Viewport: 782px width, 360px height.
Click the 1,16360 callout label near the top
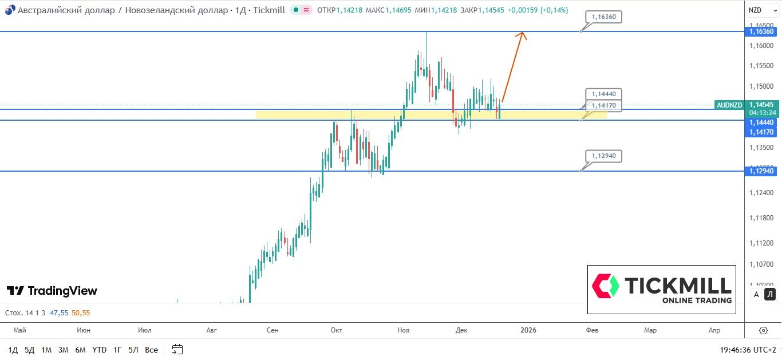point(603,17)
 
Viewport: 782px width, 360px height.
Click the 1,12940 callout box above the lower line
point(603,156)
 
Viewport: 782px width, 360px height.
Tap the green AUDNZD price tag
point(729,105)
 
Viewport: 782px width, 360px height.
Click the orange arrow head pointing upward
point(522,35)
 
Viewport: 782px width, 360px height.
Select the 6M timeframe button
point(80,350)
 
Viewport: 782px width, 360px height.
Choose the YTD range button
point(99,350)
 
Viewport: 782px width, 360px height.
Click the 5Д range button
point(29,350)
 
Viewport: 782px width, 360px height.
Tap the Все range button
point(151,350)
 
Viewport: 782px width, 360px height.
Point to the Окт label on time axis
point(336,330)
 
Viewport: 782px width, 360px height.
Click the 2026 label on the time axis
point(528,330)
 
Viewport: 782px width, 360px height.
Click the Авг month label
point(212,330)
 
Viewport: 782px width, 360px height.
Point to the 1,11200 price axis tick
point(761,243)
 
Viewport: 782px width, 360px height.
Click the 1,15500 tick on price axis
point(761,66)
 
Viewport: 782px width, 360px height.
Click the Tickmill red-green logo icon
point(606,286)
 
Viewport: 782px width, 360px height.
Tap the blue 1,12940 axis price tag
point(761,171)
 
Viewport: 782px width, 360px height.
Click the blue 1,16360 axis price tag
point(761,31)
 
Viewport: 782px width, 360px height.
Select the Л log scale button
point(770,295)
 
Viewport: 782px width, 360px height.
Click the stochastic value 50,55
point(81,313)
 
